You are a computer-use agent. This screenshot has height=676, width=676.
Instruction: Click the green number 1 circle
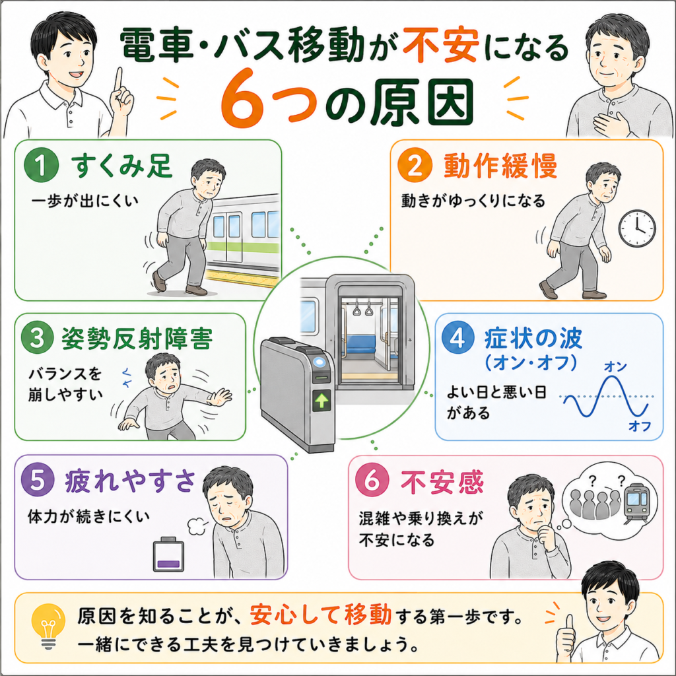click(x=42, y=164)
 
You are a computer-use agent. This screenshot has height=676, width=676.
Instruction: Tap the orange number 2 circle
click(x=415, y=164)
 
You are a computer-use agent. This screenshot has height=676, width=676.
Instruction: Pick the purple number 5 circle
click(x=38, y=479)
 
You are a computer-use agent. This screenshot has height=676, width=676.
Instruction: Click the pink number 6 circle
click(x=372, y=480)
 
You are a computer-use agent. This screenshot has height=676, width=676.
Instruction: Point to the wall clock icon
click(x=637, y=228)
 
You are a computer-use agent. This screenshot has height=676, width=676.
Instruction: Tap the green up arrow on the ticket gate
click(x=321, y=401)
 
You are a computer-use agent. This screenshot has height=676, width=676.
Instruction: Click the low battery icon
click(x=168, y=554)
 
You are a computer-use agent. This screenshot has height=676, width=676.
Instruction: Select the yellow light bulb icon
click(x=48, y=626)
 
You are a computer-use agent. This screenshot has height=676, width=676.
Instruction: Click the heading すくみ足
click(x=121, y=166)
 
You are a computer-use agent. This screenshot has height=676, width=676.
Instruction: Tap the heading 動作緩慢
click(x=500, y=166)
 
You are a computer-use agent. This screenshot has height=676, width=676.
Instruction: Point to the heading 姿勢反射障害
click(x=137, y=339)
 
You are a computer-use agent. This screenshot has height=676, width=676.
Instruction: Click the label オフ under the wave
click(x=640, y=426)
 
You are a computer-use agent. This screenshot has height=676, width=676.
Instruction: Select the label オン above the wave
click(x=615, y=366)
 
